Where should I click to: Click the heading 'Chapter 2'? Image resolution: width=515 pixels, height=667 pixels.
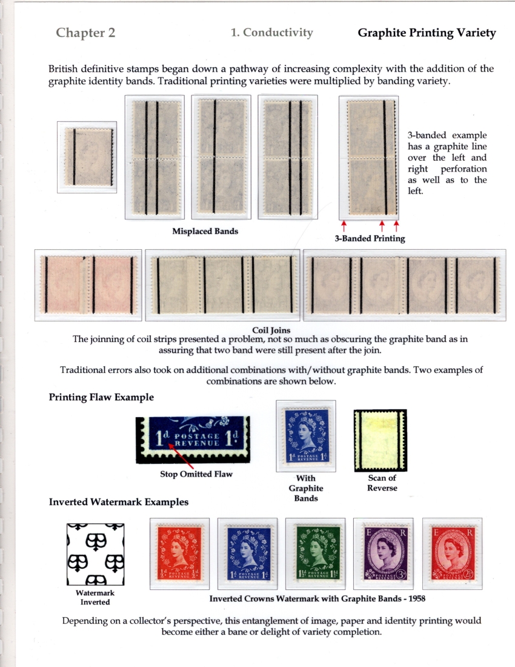85,33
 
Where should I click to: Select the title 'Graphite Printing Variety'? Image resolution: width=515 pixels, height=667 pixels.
427,33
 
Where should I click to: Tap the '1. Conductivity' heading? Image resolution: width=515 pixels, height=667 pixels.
272,33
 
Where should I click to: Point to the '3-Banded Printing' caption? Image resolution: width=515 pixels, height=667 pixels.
370,238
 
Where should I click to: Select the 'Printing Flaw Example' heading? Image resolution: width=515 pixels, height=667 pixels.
101,397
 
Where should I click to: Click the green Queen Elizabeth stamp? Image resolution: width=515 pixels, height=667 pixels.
315,553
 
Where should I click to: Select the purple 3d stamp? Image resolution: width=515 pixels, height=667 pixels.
384,553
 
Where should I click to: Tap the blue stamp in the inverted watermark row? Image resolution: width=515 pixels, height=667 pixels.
247,553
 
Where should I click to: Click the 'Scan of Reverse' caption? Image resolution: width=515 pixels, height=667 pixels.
382,483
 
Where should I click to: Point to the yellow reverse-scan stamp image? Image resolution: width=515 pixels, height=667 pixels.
380,437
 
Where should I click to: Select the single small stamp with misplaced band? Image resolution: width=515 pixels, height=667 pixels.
87,157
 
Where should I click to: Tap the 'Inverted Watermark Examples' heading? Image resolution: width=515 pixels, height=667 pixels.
118,502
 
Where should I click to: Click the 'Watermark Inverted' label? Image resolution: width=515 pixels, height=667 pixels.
95,597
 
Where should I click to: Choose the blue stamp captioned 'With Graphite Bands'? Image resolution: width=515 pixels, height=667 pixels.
306,436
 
